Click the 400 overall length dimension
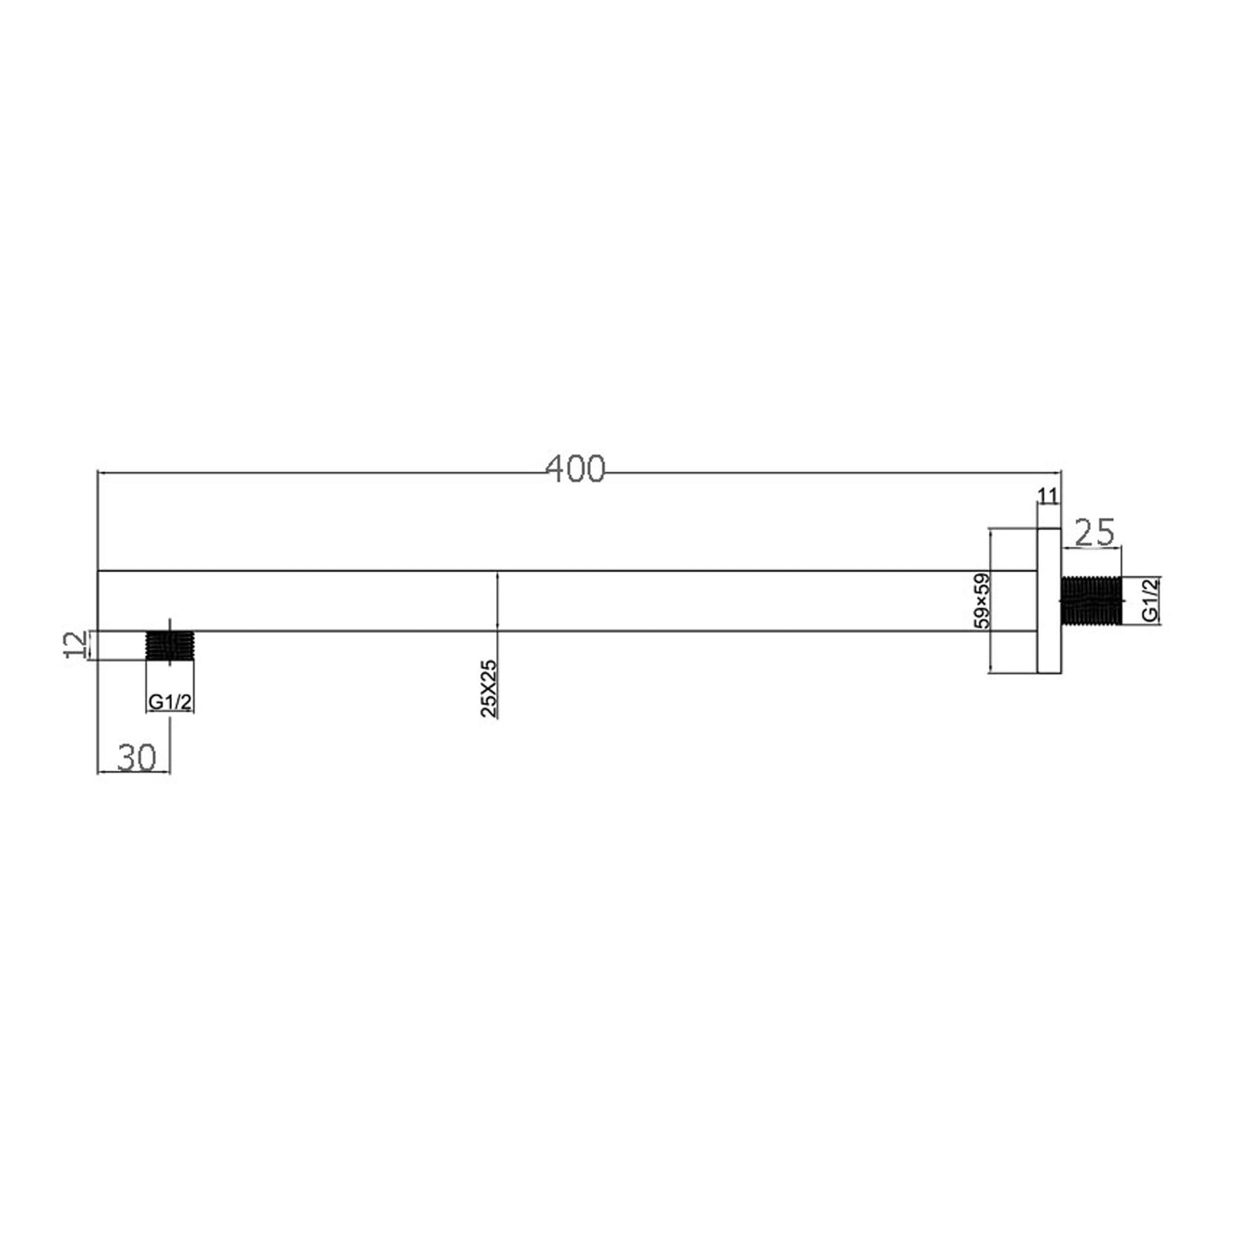(x=575, y=469)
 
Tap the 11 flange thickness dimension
(x=1048, y=496)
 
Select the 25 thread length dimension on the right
(x=1094, y=532)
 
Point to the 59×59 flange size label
(x=982, y=601)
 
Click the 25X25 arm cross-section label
(x=489, y=688)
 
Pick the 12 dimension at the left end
(x=77, y=645)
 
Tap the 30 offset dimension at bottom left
(x=137, y=757)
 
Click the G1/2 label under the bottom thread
(x=169, y=702)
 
